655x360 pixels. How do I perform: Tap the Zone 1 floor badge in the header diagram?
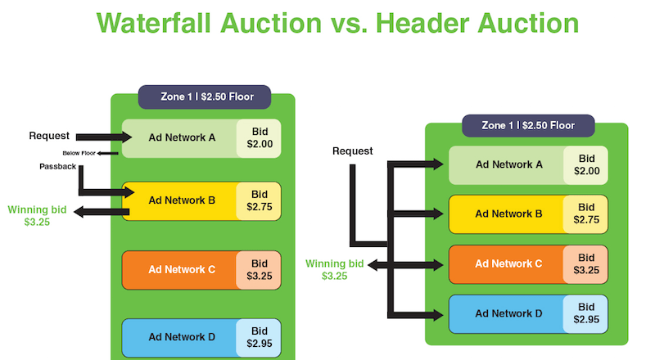click(x=528, y=125)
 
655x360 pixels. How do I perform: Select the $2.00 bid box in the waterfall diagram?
click(x=259, y=138)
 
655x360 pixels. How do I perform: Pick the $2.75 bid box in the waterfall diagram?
click(x=259, y=201)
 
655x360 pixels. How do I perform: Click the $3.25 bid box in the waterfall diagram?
click(x=259, y=270)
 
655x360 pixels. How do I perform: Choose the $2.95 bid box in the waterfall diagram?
click(x=259, y=337)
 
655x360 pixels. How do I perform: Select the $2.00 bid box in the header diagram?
click(x=585, y=164)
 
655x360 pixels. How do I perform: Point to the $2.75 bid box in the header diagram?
click(x=585, y=214)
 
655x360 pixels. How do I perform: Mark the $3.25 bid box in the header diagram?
click(x=585, y=263)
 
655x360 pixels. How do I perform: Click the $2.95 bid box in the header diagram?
click(x=585, y=313)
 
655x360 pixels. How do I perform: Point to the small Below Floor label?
click(x=79, y=153)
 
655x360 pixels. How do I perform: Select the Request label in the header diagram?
click(x=352, y=151)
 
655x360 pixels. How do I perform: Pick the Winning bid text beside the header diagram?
click(x=334, y=269)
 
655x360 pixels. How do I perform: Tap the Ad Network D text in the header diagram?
click(x=508, y=313)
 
